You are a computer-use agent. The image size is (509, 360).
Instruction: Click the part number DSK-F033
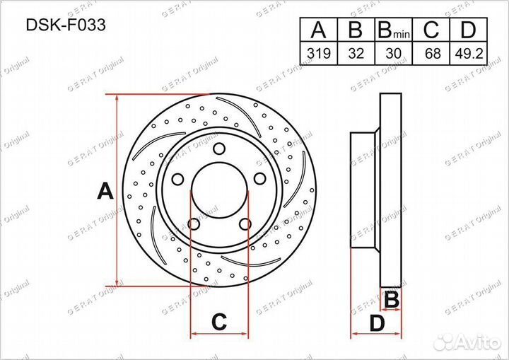tap(57, 25)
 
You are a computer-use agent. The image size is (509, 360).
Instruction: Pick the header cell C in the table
tap(431, 30)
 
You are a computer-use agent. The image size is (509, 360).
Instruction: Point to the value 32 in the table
tap(356, 53)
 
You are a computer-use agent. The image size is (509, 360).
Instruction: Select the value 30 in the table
tap(393, 53)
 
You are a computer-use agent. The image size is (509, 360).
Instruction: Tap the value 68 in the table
tap(431, 53)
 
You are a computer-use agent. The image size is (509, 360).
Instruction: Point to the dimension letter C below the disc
tap(219, 322)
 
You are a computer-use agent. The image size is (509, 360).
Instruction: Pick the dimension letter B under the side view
tap(390, 300)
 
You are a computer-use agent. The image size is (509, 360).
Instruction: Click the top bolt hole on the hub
tap(218, 149)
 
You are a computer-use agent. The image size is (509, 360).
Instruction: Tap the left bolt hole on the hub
tap(177, 179)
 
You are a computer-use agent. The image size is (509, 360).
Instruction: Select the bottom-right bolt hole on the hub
tap(245, 224)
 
